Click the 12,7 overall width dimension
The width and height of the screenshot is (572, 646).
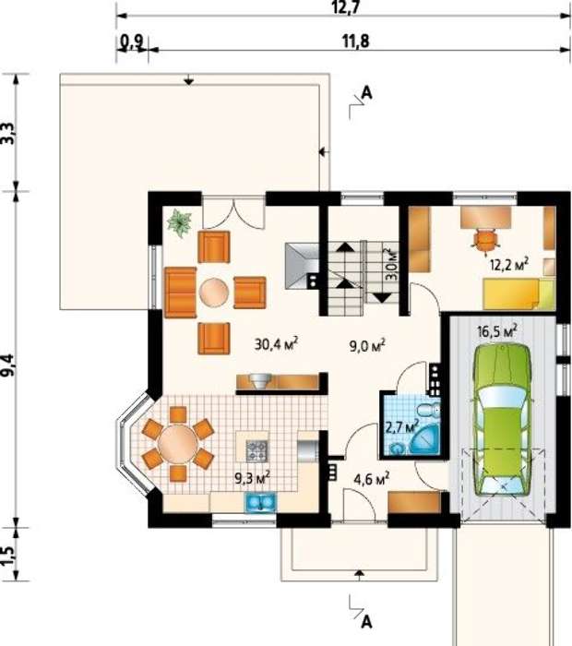(x=342, y=7)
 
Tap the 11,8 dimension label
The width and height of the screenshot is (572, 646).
(x=355, y=42)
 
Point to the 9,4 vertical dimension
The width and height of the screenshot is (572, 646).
(x=9, y=365)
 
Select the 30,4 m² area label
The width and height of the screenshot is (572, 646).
(x=277, y=343)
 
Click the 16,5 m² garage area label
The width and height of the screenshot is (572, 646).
(x=497, y=330)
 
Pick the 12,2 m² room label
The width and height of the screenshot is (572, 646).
(x=509, y=264)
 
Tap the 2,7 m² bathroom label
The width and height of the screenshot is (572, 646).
(x=401, y=426)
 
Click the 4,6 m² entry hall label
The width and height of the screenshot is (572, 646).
(x=372, y=479)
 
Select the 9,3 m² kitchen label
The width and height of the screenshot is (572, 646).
(x=253, y=477)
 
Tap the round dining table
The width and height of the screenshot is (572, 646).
(x=178, y=444)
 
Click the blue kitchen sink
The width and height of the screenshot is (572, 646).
(x=261, y=503)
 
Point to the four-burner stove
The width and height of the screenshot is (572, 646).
(x=257, y=450)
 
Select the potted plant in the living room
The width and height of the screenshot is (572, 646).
(x=180, y=222)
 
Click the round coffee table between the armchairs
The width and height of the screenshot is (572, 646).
(x=214, y=293)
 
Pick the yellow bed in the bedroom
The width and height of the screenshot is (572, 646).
(x=518, y=293)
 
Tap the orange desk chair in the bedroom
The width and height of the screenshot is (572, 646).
(x=485, y=240)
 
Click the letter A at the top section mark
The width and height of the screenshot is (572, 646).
(x=366, y=93)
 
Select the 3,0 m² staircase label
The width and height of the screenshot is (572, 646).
(x=392, y=264)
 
